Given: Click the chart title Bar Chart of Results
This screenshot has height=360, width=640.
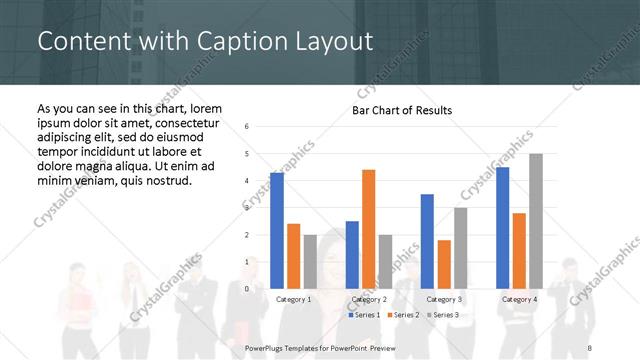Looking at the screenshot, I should [401, 110].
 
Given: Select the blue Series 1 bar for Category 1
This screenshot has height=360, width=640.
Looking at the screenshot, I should [277, 230].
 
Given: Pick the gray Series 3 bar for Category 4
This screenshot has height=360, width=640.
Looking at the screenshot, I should [536, 221].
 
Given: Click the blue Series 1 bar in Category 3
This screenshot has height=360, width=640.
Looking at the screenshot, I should [427, 241].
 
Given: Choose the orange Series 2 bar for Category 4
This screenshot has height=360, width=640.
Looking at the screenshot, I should [519, 250].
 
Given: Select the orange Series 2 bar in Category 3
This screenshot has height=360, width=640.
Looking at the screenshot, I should [444, 264].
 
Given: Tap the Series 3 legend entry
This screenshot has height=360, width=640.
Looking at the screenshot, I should [444, 315].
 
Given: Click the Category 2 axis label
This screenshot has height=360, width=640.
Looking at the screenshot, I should [368, 299].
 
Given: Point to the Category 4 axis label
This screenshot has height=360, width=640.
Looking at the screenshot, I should [519, 299].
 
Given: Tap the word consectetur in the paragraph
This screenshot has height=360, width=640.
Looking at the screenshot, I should [177, 122].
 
